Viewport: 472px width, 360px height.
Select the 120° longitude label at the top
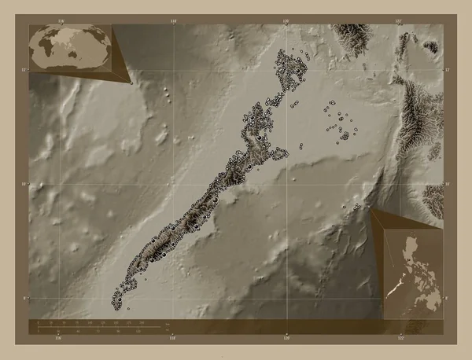tap(286, 20)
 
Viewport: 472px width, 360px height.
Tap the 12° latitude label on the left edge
tap(25, 70)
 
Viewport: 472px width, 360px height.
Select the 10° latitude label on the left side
tap(25, 184)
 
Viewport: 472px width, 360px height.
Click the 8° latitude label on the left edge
tap(25, 298)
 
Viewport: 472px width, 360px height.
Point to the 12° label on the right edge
tap(447, 70)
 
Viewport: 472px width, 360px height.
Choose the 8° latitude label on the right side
tap(447, 298)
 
